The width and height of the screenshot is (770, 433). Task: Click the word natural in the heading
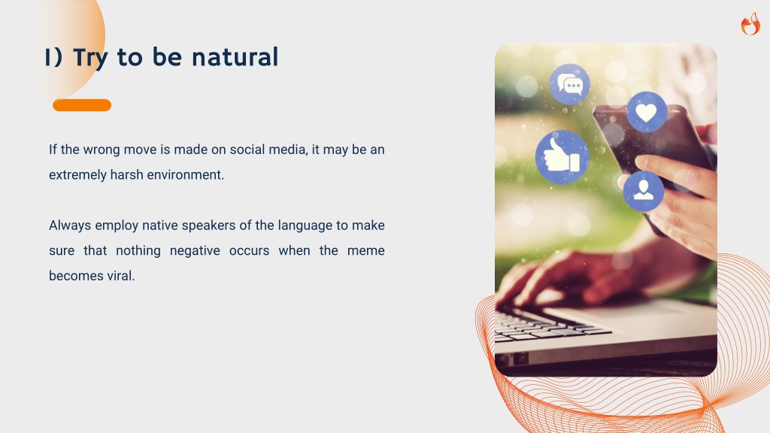click(235, 57)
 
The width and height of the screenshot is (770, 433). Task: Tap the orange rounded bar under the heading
click(82, 105)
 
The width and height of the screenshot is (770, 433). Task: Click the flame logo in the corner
click(750, 24)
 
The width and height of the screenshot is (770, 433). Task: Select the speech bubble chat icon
click(570, 84)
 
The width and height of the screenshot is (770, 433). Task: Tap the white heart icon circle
click(646, 113)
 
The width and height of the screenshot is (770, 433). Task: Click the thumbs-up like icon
click(562, 157)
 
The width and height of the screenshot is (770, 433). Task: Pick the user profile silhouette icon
click(644, 191)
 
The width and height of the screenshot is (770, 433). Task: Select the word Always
click(70, 226)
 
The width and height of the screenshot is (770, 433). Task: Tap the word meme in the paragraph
click(366, 251)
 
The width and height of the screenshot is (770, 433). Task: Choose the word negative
click(195, 251)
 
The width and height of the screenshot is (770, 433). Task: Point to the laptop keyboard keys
click(548, 326)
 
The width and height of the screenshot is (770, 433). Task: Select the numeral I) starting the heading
click(53, 57)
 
